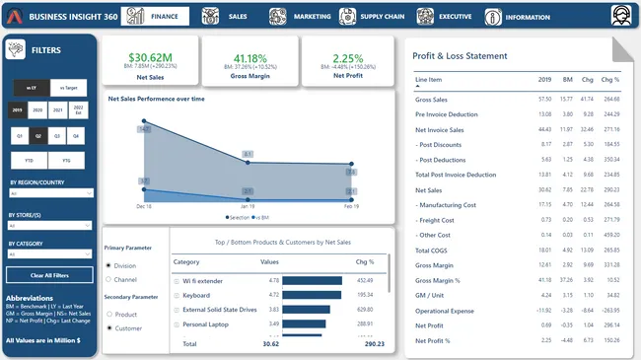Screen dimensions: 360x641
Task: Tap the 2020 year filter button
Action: [x=38, y=109]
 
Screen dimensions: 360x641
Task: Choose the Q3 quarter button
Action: [x=57, y=135]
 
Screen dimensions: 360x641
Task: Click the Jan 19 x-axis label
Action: [x=248, y=205]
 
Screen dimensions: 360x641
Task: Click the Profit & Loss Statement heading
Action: [x=460, y=56]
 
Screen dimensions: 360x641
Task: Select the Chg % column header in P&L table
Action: [x=609, y=79]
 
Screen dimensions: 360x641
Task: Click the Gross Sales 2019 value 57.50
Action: [x=544, y=100]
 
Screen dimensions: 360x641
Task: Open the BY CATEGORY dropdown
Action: [x=50, y=253]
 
